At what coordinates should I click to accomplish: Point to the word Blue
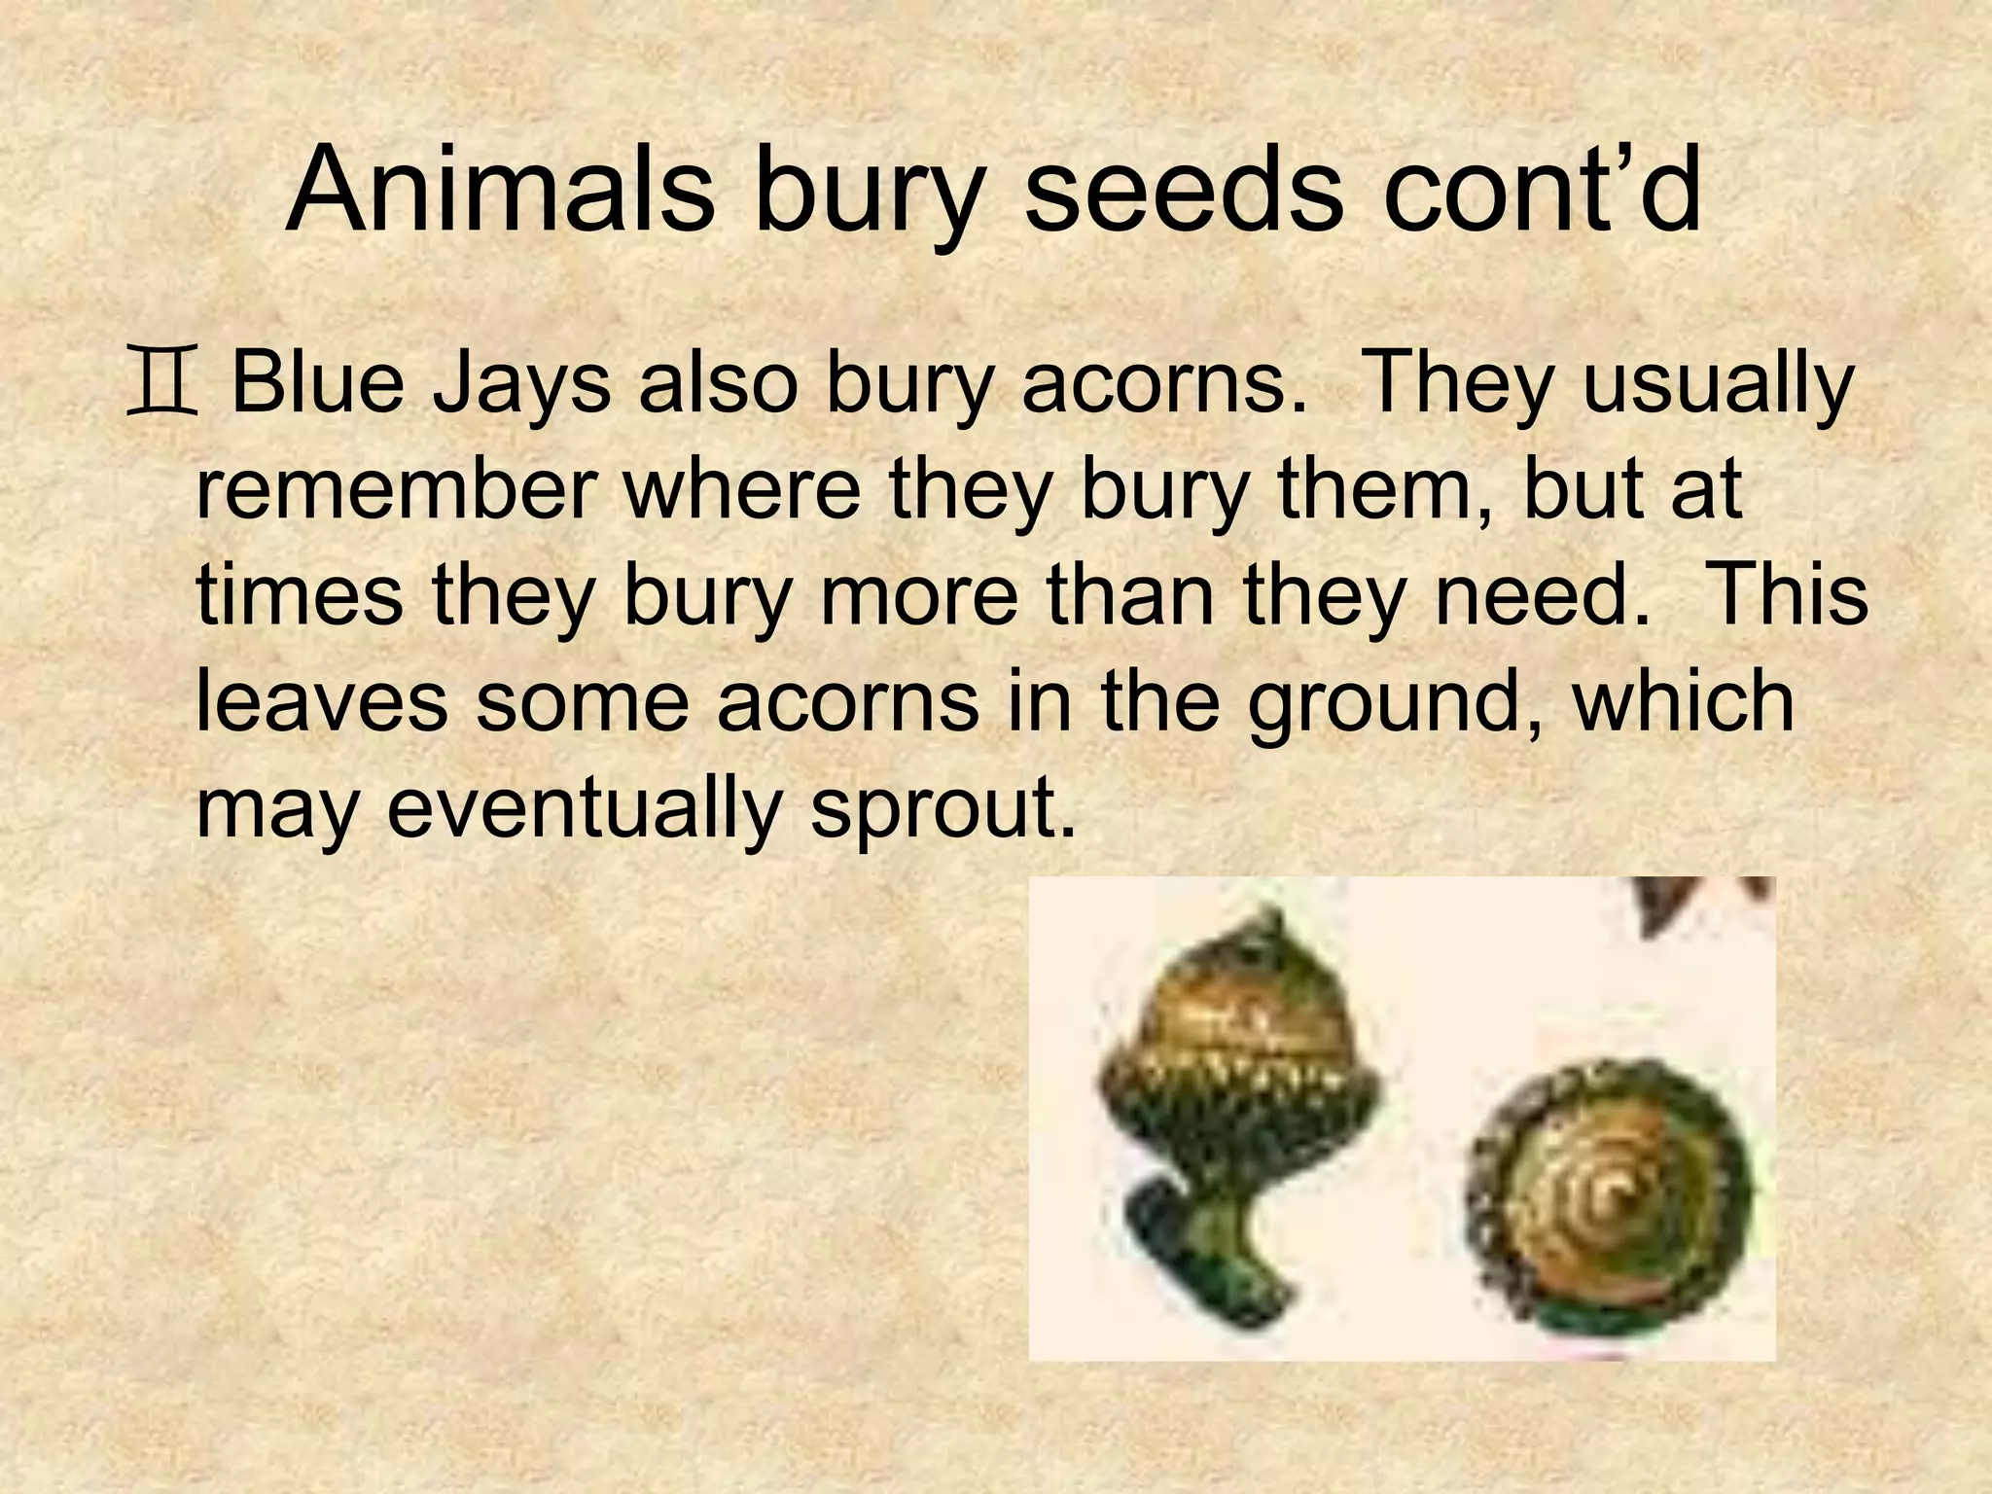coord(317,385)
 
